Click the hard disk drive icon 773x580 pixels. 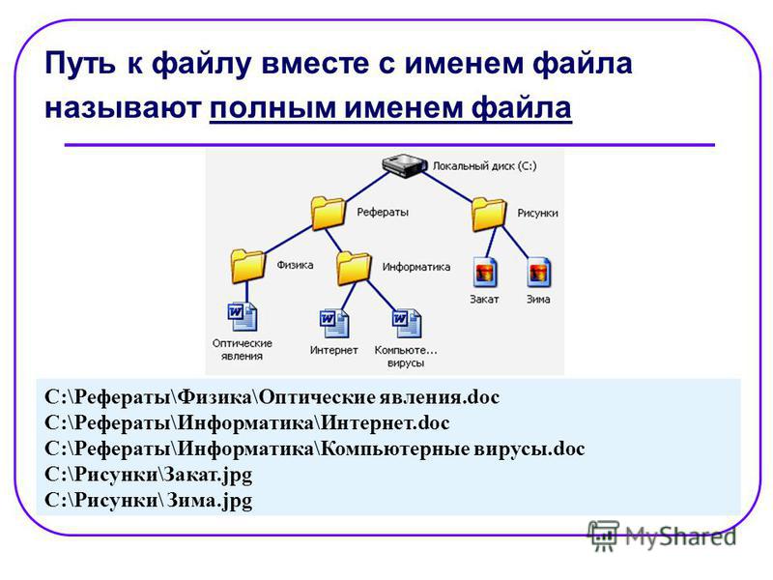(404, 165)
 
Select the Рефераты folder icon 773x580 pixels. (328, 213)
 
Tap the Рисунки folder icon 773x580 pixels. (489, 214)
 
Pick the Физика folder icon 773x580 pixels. (247, 266)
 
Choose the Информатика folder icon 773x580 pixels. (354, 268)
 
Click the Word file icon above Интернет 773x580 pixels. (334, 324)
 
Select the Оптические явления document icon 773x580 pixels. (243, 317)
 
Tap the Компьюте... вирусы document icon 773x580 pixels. (407, 324)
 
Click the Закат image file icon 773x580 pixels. (486, 272)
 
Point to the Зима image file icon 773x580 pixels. (539, 272)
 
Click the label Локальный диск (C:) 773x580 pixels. (485, 166)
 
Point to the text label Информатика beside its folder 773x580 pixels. (416, 267)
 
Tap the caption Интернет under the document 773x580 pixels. (333, 350)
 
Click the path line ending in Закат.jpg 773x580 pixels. (149, 475)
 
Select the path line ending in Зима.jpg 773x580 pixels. (149, 501)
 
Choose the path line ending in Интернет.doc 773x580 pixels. (247, 423)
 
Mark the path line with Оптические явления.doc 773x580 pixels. (272, 397)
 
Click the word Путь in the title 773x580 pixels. (81, 64)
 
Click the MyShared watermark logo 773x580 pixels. (662, 536)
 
